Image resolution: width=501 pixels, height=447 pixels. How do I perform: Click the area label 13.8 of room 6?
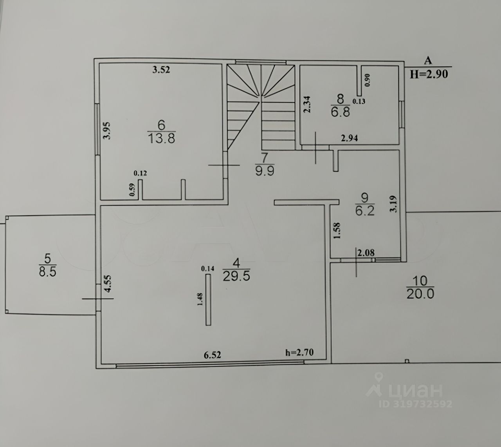click(x=161, y=138)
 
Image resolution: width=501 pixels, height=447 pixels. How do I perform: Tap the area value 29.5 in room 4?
click(x=236, y=276)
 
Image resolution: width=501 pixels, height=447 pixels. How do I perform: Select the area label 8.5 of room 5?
click(x=47, y=272)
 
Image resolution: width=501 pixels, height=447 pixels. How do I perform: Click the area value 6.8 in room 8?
click(x=340, y=112)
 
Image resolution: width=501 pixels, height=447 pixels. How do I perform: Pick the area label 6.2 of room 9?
click(x=365, y=211)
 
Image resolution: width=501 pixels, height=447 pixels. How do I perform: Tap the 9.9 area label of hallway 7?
click(x=265, y=171)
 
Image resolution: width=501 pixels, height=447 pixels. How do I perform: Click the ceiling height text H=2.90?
click(x=429, y=74)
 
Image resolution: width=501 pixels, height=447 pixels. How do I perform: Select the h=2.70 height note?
click(x=300, y=352)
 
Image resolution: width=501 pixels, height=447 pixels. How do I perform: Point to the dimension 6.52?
click(x=213, y=355)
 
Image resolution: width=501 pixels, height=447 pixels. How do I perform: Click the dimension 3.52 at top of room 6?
click(x=161, y=71)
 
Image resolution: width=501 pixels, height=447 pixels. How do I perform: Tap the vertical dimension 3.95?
click(x=106, y=131)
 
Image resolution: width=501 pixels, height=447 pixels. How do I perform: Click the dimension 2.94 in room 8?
click(x=350, y=138)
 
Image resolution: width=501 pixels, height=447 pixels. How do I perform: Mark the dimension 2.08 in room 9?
click(x=366, y=253)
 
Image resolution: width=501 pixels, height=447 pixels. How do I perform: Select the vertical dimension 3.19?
click(x=394, y=204)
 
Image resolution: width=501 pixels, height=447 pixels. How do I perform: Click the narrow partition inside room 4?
click(x=208, y=299)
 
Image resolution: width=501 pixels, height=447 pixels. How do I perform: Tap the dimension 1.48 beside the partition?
click(x=200, y=299)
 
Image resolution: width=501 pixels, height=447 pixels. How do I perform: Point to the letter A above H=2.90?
click(x=428, y=61)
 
